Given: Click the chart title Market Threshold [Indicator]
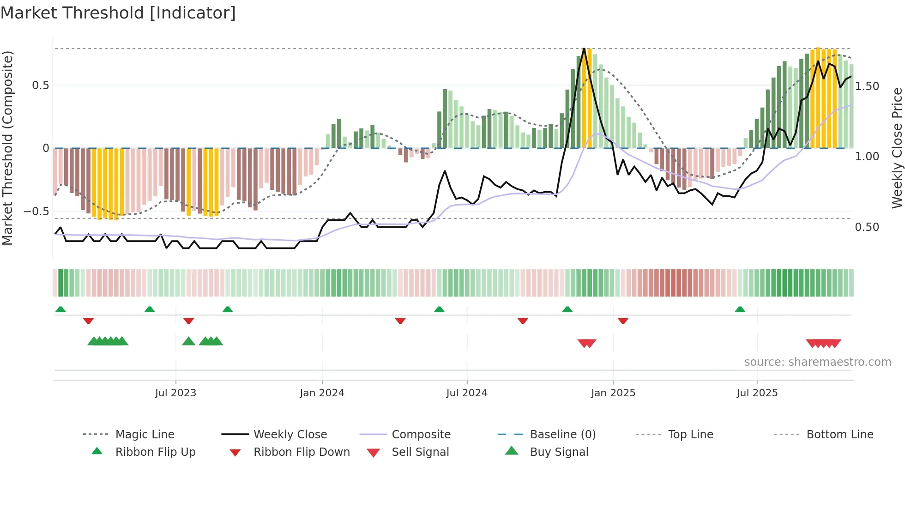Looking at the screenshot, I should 118,13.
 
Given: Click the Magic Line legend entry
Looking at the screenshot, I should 145,435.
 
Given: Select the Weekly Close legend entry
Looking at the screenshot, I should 290,435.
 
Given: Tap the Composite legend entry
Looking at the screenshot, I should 421,435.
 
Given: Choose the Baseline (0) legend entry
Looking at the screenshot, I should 562,435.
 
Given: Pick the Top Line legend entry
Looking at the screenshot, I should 690,435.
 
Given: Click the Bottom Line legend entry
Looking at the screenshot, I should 839,435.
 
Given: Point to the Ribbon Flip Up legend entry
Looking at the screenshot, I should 155,452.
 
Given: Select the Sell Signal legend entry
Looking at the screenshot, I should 420,452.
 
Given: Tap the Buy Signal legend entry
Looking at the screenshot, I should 559,452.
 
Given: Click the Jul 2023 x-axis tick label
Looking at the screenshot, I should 175,393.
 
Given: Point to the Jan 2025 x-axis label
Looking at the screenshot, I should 613,393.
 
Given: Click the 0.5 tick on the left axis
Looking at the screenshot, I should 41,85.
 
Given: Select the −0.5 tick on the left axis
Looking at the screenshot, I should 36,212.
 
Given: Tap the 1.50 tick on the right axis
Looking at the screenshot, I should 867,86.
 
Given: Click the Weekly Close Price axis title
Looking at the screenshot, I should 897,148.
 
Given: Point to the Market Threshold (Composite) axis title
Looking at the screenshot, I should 7,148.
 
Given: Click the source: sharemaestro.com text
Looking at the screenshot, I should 817,362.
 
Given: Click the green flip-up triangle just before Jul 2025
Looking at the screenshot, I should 740,309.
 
